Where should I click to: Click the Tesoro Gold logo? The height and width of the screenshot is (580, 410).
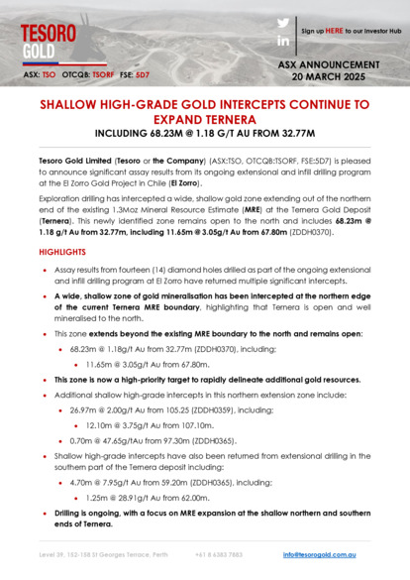point(49,40)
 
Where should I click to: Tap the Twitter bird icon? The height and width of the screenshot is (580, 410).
point(283,23)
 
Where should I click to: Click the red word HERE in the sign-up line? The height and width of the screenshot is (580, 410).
point(337,31)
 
